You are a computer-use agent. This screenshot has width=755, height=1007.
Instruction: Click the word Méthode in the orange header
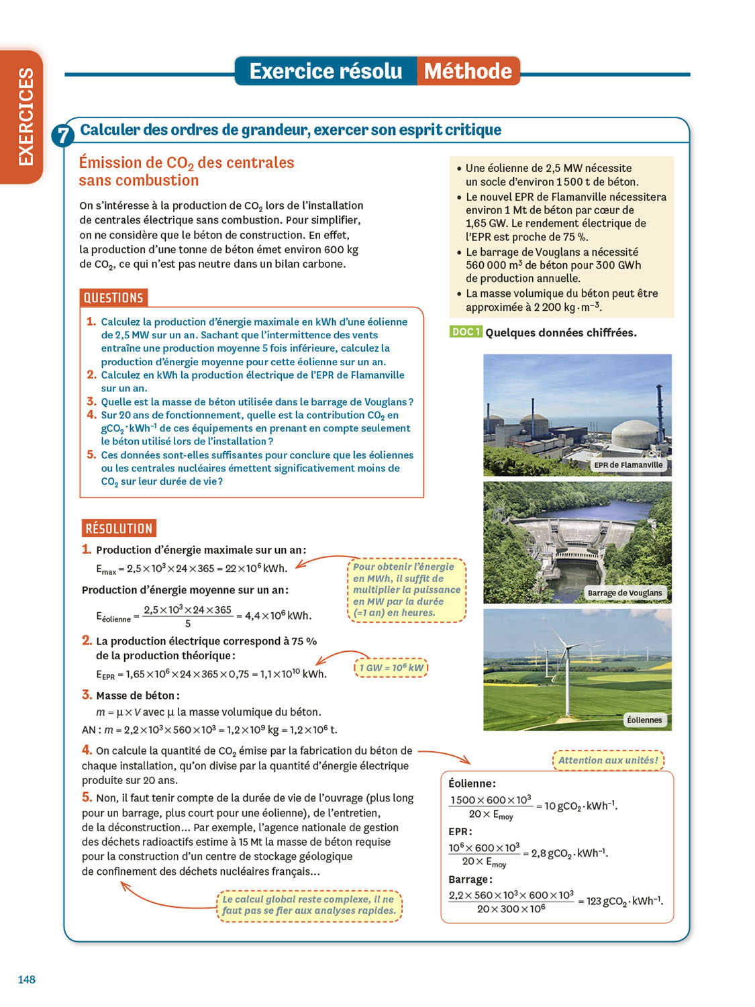[x=468, y=71]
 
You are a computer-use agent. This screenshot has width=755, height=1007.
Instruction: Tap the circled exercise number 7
[x=62, y=136]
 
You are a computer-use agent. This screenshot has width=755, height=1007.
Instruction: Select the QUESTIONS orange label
[x=113, y=297]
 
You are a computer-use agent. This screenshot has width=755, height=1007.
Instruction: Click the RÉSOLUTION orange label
[x=119, y=528]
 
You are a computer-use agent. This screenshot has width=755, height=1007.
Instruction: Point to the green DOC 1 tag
[x=465, y=332]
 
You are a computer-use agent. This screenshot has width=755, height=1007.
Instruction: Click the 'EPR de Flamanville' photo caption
[x=628, y=465]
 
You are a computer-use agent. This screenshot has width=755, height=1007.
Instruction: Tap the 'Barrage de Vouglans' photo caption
[x=624, y=593]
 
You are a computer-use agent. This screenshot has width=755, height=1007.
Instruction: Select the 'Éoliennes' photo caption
[x=644, y=720]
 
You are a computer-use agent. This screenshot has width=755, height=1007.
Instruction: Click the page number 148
[x=27, y=979]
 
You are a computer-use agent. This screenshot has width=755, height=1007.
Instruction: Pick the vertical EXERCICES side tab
[x=25, y=117]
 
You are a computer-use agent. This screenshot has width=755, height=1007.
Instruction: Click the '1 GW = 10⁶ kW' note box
[x=391, y=668]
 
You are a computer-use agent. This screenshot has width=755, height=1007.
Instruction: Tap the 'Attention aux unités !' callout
[x=608, y=761]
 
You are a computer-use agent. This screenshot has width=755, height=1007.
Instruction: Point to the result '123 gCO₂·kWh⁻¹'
[x=624, y=901]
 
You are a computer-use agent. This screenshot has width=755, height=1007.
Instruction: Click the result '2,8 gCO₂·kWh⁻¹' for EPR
[x=569, y=853]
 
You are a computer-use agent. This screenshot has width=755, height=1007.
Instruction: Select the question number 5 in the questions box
[x=91, y=454]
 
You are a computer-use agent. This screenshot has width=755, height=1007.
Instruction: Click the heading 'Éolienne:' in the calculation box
[x=472, y=783]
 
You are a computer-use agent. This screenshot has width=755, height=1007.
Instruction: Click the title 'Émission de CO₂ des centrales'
[x=187, y=162]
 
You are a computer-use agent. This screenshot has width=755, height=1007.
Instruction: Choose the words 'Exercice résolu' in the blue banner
[x=325, y=71]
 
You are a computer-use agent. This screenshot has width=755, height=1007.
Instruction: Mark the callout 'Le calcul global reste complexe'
[x=309, y=905]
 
